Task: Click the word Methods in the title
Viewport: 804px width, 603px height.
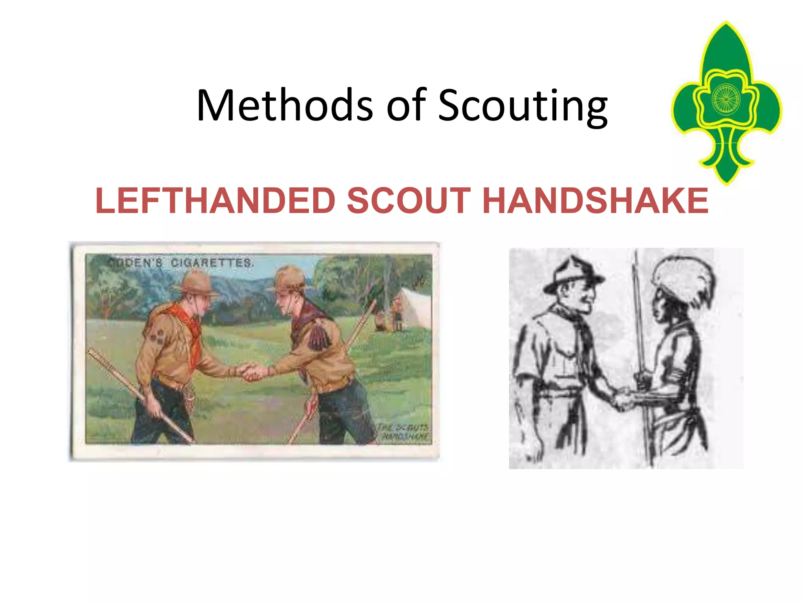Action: [285, 105]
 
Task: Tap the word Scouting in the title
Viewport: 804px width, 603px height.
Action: [523, 105]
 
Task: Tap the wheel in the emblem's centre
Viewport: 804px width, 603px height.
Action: [726, 98]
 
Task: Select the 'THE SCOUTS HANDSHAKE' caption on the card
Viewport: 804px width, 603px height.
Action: [404, 431]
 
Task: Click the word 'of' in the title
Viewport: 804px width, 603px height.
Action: [406, 105]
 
